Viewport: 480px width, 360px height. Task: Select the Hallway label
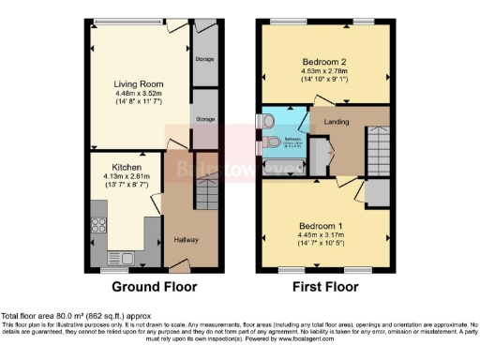187,240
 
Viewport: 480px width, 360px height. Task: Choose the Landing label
337,122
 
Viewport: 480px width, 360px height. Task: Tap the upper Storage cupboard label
204,60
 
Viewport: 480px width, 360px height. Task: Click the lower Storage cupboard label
203,120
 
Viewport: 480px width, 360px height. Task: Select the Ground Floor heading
148,287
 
